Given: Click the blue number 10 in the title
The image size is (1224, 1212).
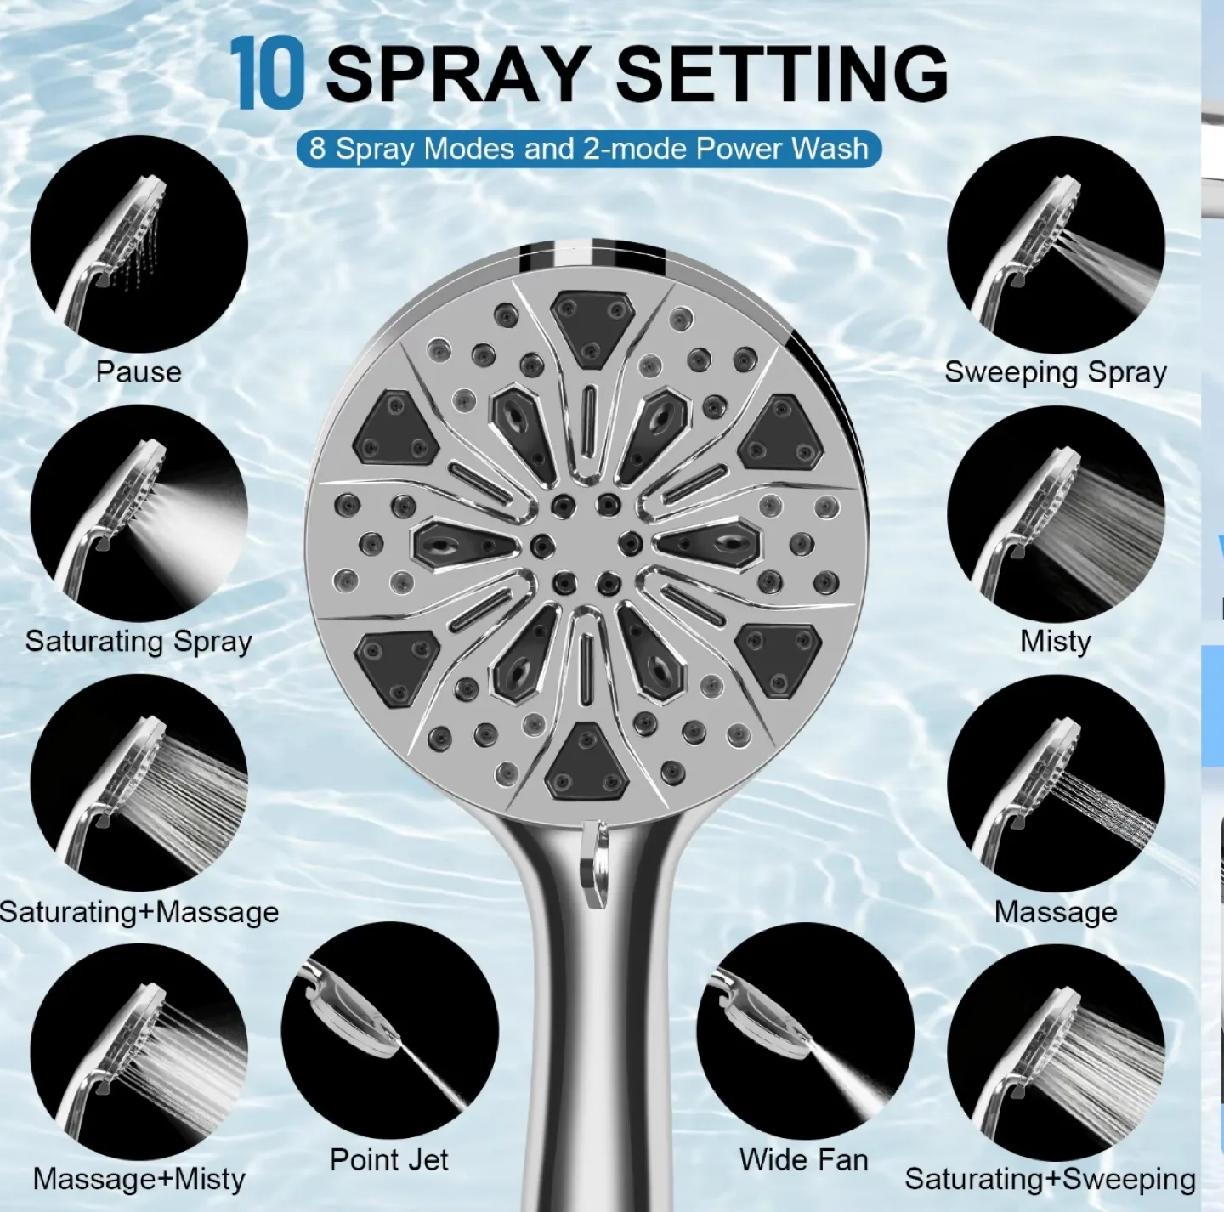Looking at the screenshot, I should point(266,74).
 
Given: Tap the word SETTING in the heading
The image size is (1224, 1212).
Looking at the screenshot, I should point(780,74).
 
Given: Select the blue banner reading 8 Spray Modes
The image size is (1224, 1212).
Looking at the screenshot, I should point(588,149).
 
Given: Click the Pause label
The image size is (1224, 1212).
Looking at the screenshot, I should point(139,372).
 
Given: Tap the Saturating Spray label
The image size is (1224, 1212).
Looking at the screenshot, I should point(139,641).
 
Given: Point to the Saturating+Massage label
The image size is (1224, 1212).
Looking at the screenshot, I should point(139,912).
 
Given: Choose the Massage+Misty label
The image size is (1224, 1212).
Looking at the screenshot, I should point(139,1179).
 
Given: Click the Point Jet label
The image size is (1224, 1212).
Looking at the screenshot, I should point(388,1159).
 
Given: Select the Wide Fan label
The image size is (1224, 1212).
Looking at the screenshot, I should point(803,1159).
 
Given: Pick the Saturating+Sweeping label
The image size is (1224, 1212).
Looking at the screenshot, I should point(1050,1179).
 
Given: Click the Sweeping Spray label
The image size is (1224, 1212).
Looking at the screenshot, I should point(1056,372).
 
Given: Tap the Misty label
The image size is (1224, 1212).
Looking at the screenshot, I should point(1056,641).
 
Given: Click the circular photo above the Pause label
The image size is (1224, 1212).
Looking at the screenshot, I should point(139,244).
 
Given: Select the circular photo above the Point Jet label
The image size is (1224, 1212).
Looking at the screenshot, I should point(389,1030).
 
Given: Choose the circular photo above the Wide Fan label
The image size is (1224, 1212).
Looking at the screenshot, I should point(804,1030).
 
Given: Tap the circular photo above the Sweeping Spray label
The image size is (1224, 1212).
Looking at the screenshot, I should point(1056,244).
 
